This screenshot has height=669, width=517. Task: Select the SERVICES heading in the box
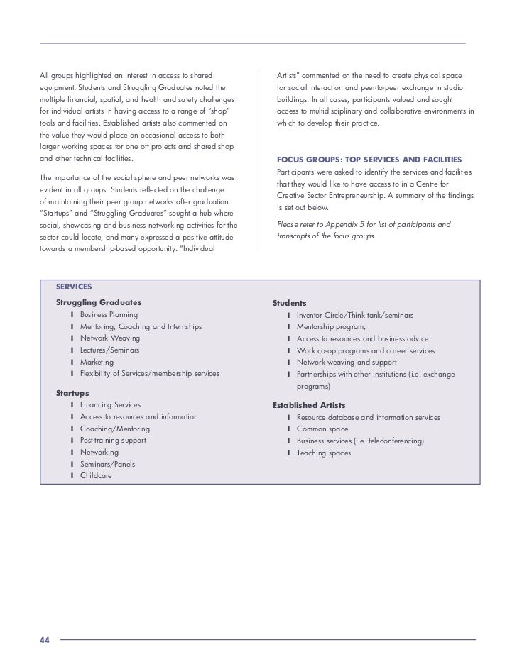[x=74, y=287]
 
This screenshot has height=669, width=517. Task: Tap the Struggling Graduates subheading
[x=98, y=303]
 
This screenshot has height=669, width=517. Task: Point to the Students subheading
[x=289, y=303]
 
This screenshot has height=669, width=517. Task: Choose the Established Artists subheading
[x=309, y=405]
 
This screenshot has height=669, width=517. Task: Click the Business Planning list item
[x=109, y=314]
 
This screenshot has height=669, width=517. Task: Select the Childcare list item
[x=96, y=475]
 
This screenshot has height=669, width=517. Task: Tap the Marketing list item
[x=97, y=362]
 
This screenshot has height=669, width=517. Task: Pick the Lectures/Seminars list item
[x=109, y=350]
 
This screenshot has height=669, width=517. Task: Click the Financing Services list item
[x=110, y=405]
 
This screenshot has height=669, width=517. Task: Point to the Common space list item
[x=322, y=429]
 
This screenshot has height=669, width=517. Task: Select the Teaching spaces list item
[x=323, y=453]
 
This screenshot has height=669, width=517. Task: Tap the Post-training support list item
[x=113, y=441]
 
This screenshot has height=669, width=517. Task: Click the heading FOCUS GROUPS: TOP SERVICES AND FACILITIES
[x=369, y=159]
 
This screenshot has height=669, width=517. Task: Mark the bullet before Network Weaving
[x=72, y=338]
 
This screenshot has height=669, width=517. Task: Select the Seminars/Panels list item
[x=107, y=464]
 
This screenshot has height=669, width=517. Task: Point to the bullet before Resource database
[x=289, y=418]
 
